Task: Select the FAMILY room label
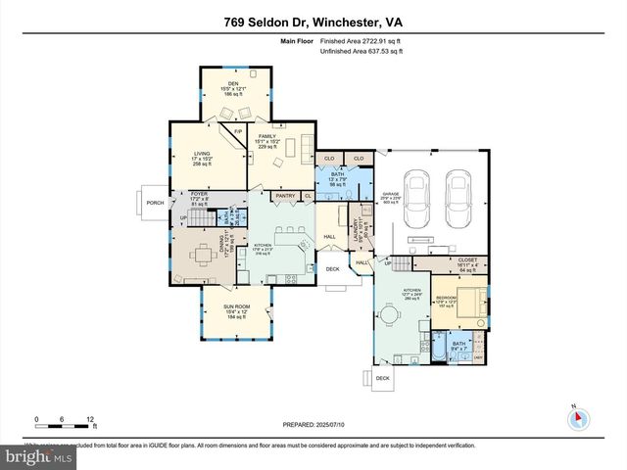pos(267,140)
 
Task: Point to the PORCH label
pos(154,204)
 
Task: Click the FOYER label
pos(200,194)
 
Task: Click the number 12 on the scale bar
pos(91,419)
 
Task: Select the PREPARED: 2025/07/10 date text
pos(313,424)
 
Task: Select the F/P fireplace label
pos(237,130)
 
